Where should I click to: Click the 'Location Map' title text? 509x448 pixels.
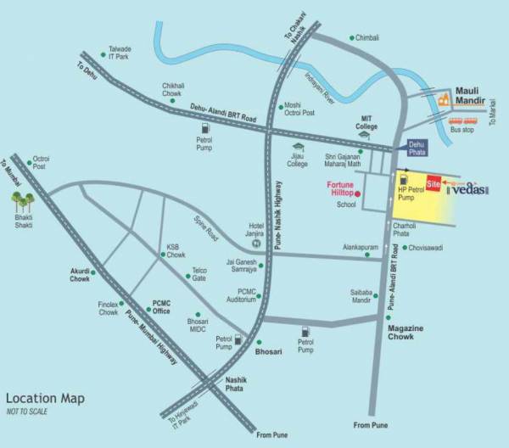(x=45, y=398)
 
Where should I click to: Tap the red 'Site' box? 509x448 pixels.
(x=433, y=184)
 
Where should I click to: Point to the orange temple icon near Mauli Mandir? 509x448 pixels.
(x=443, y=99)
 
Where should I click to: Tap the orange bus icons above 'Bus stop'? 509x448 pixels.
(x=462, y=120)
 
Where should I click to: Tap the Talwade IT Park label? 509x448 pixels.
(x=120, y=53)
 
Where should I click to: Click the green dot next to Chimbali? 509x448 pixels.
(x=352, y=38)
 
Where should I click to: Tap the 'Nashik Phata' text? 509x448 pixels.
(x=235, y=385)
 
